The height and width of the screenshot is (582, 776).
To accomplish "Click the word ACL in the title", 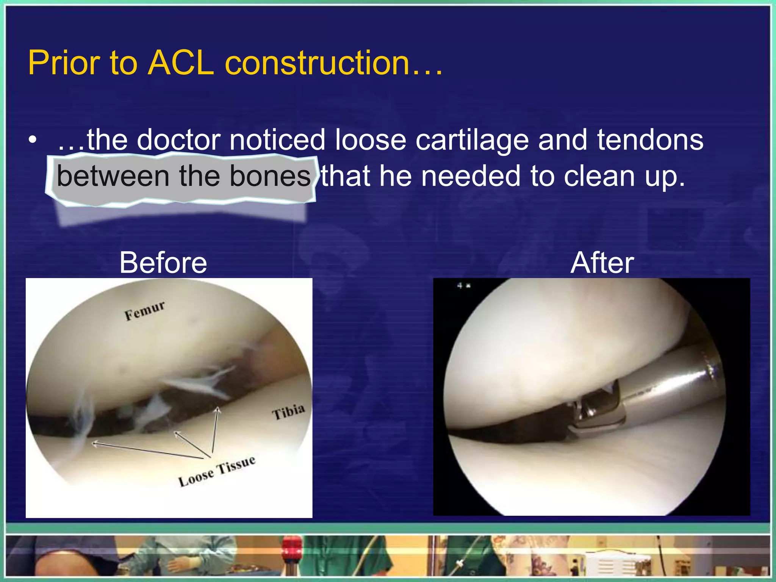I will point(181,63).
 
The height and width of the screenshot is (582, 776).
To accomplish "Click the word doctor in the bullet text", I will point(178,140).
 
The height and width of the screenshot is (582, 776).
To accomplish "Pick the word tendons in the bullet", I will point(650,140).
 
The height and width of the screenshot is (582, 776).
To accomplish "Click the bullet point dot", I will point(33,140).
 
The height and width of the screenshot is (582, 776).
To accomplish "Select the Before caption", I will point(163,263).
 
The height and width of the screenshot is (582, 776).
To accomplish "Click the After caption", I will point(602,263).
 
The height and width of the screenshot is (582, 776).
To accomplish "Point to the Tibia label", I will point(288,411).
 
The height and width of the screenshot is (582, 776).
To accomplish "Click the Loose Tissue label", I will point(217,471).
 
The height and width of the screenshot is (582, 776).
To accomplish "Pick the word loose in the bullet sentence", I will point(370,140).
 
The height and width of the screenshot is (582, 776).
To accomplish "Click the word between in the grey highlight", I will point(113,176).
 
